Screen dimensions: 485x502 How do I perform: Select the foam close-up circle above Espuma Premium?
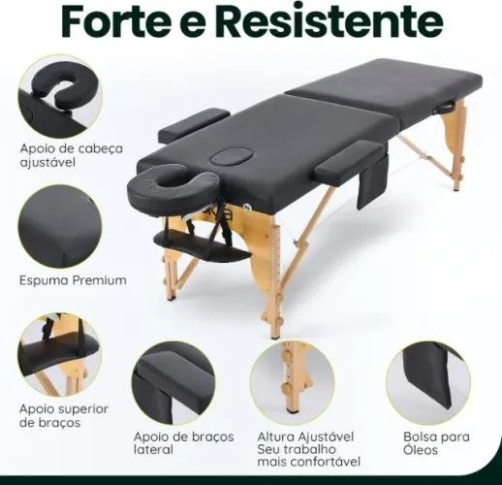(59, 226)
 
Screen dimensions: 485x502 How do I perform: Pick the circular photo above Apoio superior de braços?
(59, 354)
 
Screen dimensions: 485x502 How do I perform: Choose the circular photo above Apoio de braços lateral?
(173, 382)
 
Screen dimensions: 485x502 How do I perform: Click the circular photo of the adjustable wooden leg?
(292, 382)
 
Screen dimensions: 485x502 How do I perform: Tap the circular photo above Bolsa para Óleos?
(427, 382)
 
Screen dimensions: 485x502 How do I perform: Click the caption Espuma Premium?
(73, 280)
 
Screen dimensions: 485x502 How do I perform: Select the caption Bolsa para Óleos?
(436, 443)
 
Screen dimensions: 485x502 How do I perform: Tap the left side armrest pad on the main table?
(194, 123)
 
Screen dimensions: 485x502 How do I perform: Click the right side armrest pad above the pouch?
(349, 160)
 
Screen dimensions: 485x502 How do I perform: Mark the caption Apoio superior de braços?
(64, 416)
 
